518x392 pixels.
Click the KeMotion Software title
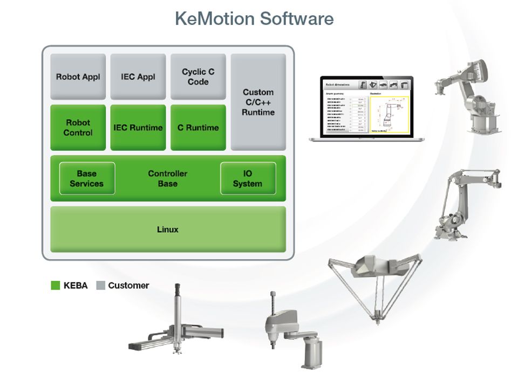pos(254,19)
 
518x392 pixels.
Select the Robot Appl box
pos(78,77)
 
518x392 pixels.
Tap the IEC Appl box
pos(138,77)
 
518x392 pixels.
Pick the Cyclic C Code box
pos(198,77)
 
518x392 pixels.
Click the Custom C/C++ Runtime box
pos(258,102)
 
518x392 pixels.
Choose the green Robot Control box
pos(78,127)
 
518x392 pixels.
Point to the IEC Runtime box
pos(138,127)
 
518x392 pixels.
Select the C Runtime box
pos(198,127)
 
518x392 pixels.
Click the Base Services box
pos(87,178)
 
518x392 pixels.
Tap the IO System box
pos(248,178)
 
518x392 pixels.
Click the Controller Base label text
pos(168,178)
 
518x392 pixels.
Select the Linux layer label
pos(168,229)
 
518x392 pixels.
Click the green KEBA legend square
pos(56,285)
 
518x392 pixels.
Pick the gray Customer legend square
pos(101,285)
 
